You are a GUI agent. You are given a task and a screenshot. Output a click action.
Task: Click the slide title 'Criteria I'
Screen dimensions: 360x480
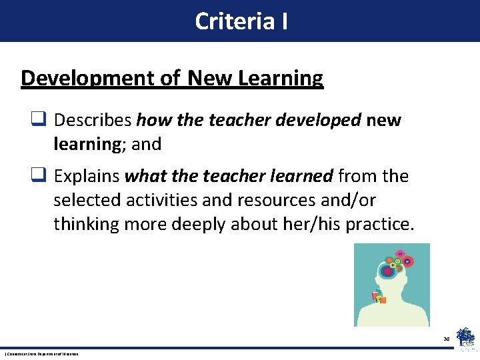[241, 21]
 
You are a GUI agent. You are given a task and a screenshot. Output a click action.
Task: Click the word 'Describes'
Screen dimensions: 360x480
[93, 120]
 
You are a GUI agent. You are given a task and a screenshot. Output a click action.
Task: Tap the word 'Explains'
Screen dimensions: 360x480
[87, 176]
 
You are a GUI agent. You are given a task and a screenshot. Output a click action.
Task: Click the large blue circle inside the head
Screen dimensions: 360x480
[387, 271]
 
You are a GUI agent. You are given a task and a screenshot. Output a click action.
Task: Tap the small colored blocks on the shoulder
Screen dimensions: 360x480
[378, 297]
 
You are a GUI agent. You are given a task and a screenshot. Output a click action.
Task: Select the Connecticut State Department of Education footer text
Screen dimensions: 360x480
[41, 353]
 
